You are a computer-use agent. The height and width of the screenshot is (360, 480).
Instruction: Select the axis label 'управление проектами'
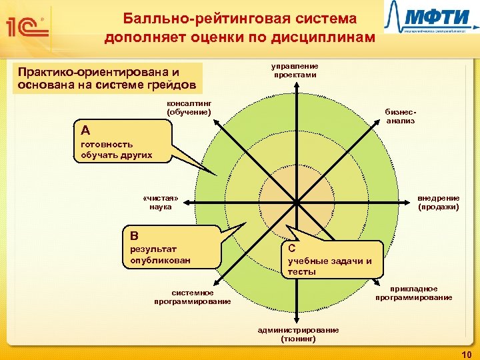pos(295,71)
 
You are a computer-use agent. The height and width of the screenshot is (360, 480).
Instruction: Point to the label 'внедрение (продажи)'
pos(438,203)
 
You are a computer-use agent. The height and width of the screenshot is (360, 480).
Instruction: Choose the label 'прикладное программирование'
pos(413,293)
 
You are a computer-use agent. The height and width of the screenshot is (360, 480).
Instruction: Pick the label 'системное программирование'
pos(192,297)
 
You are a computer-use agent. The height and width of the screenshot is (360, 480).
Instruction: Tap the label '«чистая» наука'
pos(160,203)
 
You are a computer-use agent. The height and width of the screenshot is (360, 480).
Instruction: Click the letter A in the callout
pos(85,129)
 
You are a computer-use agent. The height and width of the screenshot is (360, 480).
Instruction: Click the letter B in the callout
pos(135,235)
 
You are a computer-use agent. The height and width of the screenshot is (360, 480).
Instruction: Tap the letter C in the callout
pos(292,247)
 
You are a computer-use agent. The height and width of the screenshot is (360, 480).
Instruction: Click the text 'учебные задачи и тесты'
pos(329,266)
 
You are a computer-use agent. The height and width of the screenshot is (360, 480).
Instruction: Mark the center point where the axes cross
pos(295,202)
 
